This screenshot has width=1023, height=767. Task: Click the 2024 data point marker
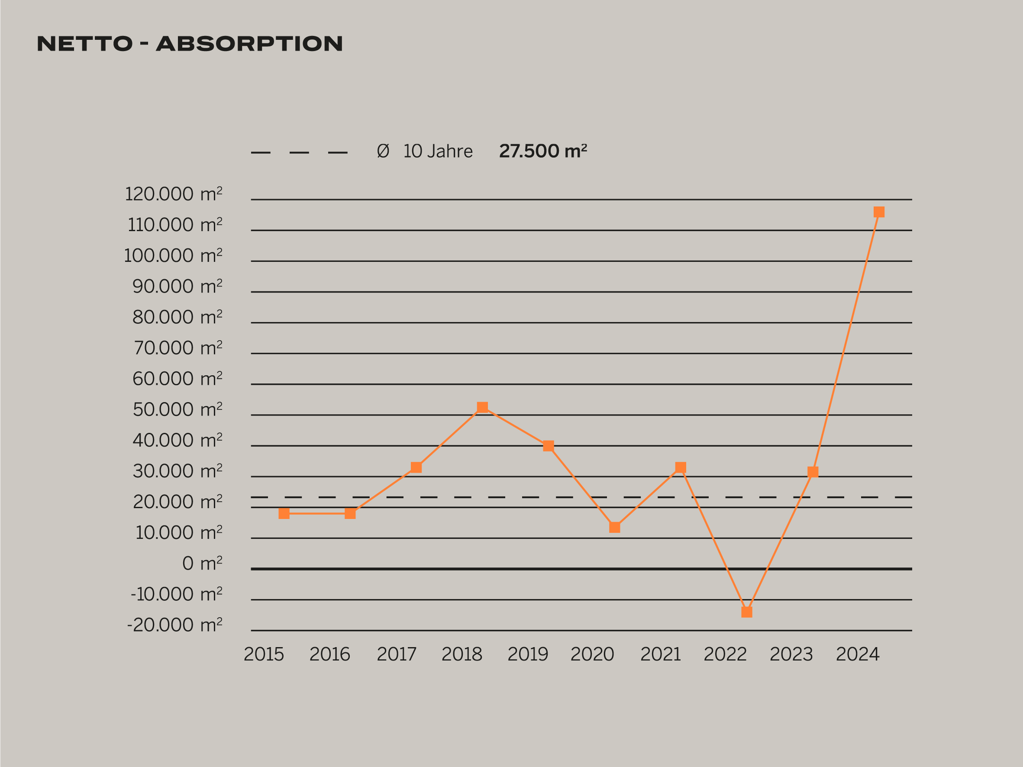(879, 212)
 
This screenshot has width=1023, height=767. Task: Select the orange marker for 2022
(746, 612)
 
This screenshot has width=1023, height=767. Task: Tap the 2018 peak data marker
(482, 407)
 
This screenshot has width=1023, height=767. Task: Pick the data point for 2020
(614, 528)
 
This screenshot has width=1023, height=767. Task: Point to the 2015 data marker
(284, 514)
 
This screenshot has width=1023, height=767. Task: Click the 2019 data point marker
(548, 446)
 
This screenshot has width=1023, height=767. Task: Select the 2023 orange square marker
(813, 471)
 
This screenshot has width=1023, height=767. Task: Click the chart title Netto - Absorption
(190, 44)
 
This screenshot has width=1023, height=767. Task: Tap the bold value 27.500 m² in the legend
(542, 151)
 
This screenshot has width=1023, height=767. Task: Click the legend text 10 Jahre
(438, 151)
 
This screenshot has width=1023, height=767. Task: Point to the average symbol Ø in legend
(383, 151)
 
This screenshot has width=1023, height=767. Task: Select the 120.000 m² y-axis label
(174, 194)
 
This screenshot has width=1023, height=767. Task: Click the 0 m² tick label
(202, 563)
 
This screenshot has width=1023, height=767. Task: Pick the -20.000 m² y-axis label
(174, 625)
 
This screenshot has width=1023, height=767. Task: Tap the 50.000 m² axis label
(177, 409)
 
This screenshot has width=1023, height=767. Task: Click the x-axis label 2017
(397, 654)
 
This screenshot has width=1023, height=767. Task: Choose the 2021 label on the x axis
(660, 654)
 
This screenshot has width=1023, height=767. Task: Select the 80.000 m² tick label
(177, 317)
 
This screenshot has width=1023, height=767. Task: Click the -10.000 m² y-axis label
(176, 594)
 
